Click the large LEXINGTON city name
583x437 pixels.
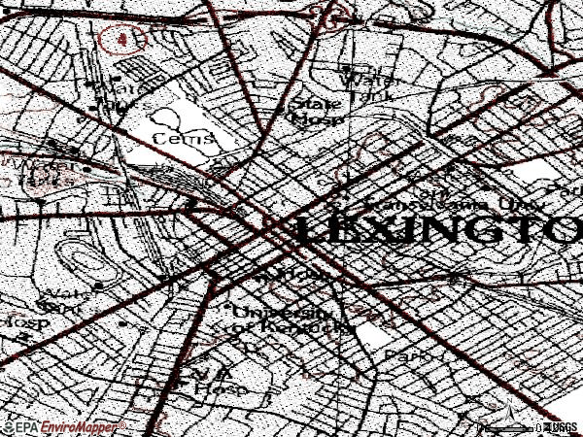click(x=437, y=231)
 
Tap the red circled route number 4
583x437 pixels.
click(x=122, y=39)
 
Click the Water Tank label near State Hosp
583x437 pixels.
click(x=363, y=79)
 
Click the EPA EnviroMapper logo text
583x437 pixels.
click(x=64, y=427)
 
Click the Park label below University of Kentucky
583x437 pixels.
click(x=406, y=357)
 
